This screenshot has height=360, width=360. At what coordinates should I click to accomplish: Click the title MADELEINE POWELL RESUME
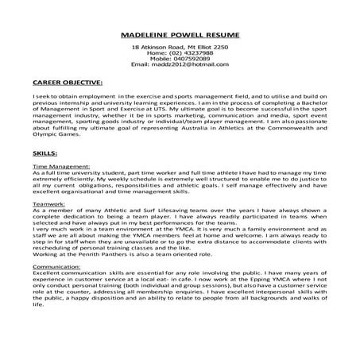coord(180,37)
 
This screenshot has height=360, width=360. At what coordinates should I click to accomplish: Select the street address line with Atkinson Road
coord(180,48)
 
